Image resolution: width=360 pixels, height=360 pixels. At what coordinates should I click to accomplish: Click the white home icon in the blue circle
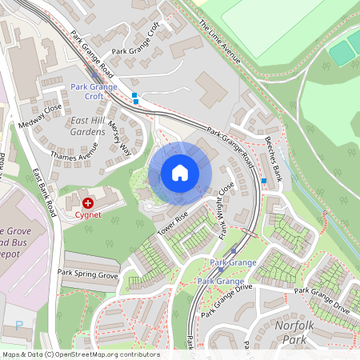tap(180, 173)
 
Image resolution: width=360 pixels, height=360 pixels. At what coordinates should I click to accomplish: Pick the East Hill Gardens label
tap(87, 125)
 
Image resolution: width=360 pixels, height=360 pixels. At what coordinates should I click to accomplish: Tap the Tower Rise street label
tap(171, 223)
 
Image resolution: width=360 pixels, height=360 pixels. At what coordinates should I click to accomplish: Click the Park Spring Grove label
tap(87, 274)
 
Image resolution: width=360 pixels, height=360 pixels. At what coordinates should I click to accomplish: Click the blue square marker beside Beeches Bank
tap(264, 182)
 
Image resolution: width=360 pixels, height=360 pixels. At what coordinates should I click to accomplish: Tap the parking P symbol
tap(18, 325)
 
